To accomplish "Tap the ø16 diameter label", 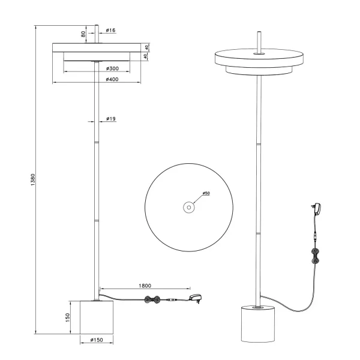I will [x=110, y=29].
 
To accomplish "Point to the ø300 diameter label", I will [x=112, y=69].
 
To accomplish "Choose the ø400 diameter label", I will [x=112, y=79].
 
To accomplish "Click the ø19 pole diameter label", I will [x=110, y=119].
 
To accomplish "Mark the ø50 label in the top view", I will [x=206, y=194].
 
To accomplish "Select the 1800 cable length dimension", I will [x=144, y=286].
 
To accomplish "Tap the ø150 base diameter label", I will [x=97, y=341].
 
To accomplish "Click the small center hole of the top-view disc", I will [x=188, y=208].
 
